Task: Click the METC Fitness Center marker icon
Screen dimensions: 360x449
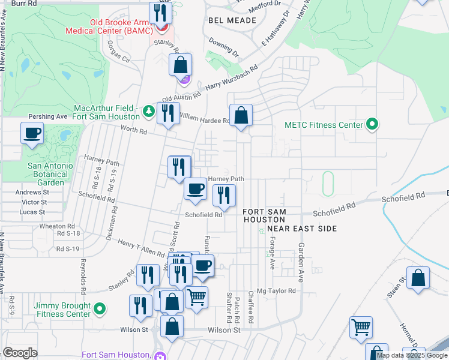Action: point(372,125)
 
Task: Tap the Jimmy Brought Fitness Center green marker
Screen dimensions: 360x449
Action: point(100,310)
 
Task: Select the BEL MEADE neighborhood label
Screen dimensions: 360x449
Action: point(232,20)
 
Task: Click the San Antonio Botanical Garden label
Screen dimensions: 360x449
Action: point(50,173)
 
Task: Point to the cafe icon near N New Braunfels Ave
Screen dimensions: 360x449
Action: point(32,133)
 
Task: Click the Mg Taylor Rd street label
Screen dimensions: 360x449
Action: point(277,291)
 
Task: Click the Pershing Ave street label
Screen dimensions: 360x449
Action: point(48,116)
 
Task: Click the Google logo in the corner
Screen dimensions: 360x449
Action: point(20,352)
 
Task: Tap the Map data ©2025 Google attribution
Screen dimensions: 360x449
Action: point(412,355)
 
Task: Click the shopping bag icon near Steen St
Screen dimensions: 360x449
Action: point(418,278)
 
